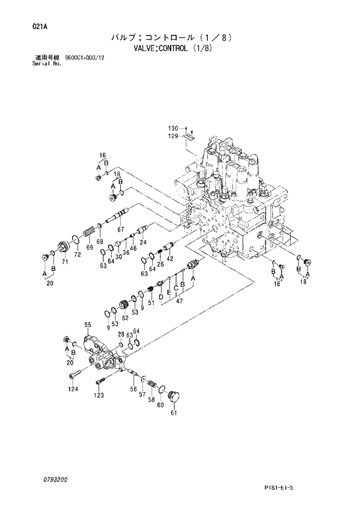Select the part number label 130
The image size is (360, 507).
[172, 128]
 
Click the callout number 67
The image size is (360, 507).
[121, 229]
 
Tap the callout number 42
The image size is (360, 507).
[170, 258]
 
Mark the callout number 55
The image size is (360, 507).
[88, 325]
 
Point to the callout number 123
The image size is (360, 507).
[99, 395]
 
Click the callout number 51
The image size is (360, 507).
[150, 303]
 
